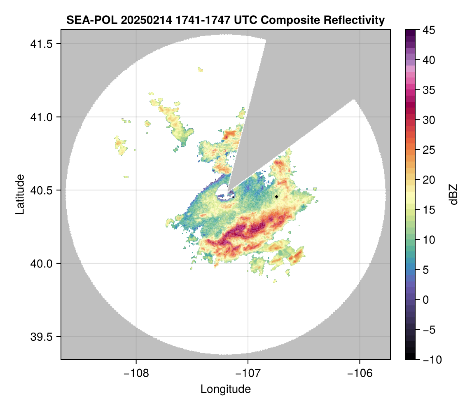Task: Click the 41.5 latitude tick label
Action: click(41, 44)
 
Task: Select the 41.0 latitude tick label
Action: click(41, 117)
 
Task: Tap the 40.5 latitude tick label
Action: click(41, 190)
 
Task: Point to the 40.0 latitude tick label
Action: click(41, 263)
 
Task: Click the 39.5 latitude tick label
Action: click(41, 337)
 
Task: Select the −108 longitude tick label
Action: click(136, 373)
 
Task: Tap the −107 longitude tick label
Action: click(248, 373)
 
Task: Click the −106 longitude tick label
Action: click(360, 373)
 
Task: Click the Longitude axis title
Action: click(226, 389)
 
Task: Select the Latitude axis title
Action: click(20, 194)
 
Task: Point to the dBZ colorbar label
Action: click(454, 195)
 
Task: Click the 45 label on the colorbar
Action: click(429, 30)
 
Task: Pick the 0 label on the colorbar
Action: click(425, 300)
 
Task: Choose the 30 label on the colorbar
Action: click(429, 120)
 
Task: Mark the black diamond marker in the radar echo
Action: click(277, 197)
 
